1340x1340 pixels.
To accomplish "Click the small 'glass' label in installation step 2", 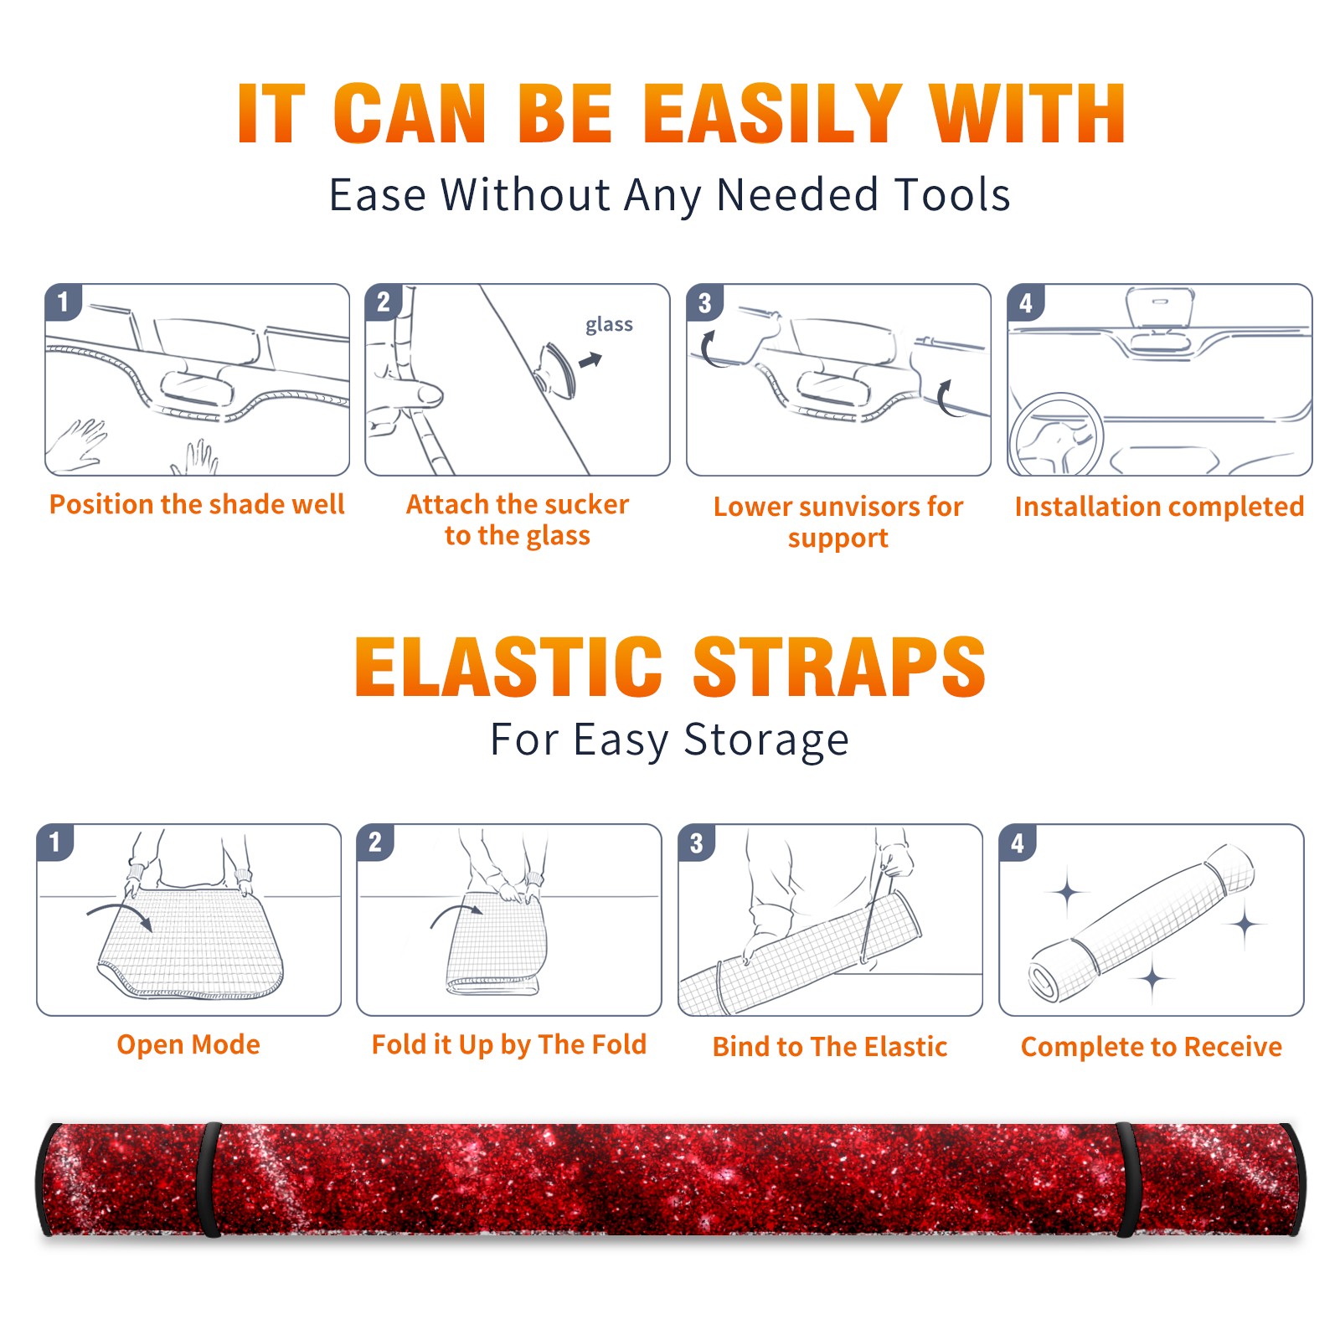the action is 609,325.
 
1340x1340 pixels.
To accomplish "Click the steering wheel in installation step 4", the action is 1055,435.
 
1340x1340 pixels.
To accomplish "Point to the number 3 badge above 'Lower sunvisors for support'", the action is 704,303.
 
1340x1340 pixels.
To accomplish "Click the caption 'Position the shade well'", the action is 197,505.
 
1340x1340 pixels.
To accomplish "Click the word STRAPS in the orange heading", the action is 839,667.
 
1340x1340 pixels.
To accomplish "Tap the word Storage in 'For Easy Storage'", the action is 766,740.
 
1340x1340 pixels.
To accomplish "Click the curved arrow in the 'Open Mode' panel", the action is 121,914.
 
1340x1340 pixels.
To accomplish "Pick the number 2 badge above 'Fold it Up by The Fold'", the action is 375,843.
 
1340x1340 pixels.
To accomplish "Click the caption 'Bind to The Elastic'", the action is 830,1047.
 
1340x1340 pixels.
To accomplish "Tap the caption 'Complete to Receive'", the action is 1152,1047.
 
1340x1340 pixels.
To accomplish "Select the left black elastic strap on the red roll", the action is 209,1179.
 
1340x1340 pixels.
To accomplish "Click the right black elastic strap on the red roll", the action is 1126,1179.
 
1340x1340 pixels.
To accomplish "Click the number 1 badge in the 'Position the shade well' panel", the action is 63,301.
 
